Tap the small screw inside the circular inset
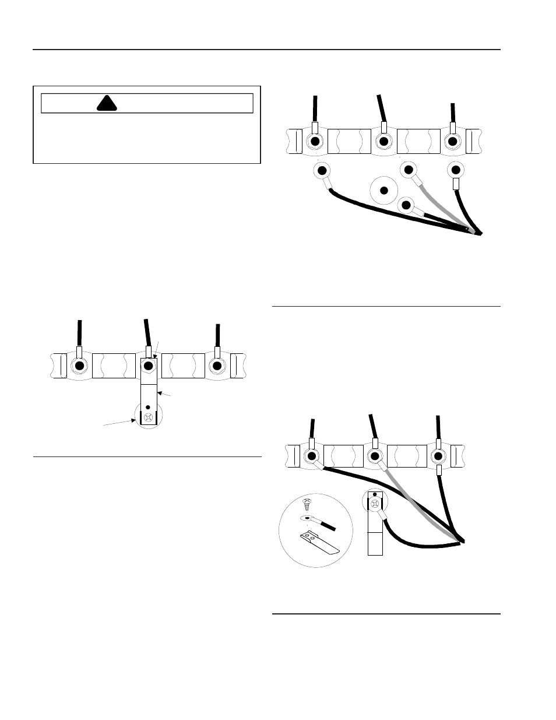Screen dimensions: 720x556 307,502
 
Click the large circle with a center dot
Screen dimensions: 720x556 383,190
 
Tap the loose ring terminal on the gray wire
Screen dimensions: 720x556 409,170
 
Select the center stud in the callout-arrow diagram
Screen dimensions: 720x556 149,366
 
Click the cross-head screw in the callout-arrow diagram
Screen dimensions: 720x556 149,417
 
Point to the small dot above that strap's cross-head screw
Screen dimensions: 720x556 149,407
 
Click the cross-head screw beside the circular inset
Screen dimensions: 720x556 375,501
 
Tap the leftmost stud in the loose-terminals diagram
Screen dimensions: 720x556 315,141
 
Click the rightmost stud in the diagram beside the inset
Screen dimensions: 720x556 438,456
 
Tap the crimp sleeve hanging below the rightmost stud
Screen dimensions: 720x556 438,470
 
